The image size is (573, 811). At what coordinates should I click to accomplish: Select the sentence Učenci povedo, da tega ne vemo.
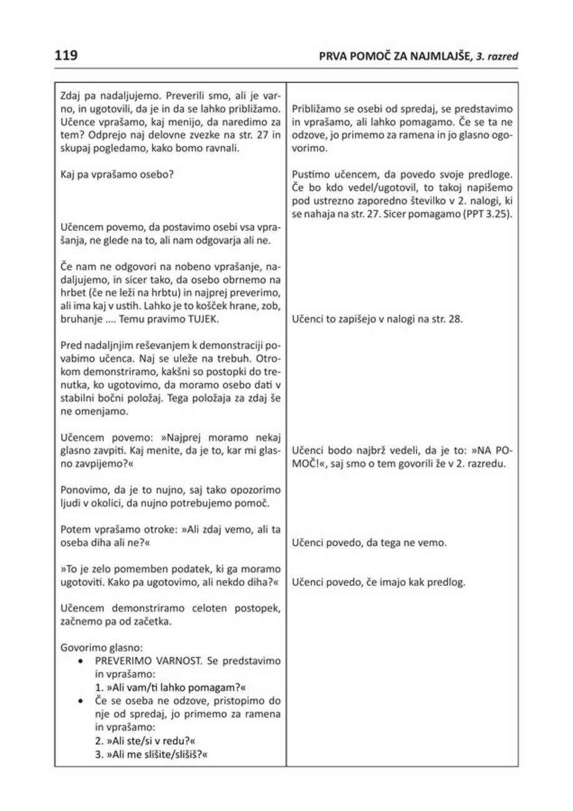[x=368, y=542]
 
